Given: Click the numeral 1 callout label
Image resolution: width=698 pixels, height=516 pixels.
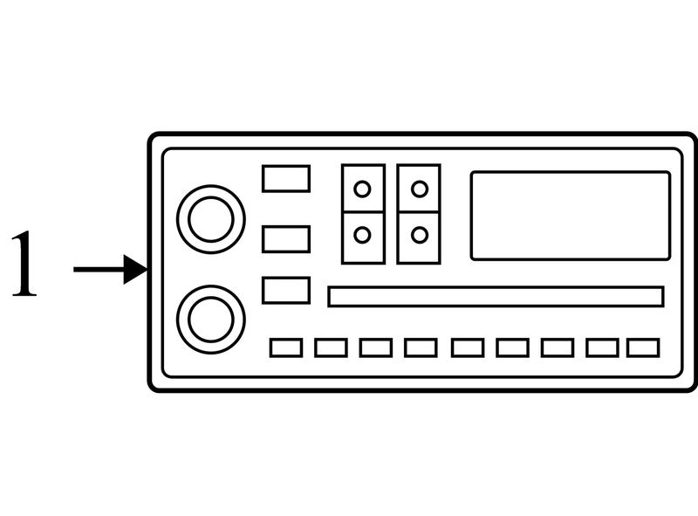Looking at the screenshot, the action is point(24,263).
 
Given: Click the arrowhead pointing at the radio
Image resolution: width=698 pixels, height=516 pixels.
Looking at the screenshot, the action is point(135,269).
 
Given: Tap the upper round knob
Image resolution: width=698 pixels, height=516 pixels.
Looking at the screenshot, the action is point(211,219).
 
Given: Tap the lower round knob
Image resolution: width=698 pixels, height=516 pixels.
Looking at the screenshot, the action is point(211,320).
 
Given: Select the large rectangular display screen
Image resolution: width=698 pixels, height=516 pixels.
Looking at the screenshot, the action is point(571,216).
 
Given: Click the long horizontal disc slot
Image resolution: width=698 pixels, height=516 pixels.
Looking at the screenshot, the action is point(496,297).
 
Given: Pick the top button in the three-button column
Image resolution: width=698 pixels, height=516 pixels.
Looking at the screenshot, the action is point(286,179).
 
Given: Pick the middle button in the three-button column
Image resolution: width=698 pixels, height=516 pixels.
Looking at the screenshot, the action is point(286,239).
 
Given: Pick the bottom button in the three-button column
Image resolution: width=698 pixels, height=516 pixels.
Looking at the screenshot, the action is point(286,291).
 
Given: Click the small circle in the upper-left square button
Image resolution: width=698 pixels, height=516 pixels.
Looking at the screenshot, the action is point(362,189).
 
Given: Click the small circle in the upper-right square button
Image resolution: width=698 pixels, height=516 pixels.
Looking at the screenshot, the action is point(420,189).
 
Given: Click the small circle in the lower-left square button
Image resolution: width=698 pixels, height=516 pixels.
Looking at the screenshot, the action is point(362,235).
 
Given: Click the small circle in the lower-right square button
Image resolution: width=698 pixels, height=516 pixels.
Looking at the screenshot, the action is point(420,235).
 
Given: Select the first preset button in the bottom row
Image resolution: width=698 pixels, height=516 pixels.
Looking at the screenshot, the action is point(286,347).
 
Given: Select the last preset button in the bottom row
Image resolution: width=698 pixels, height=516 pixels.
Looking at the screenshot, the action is point(643,347).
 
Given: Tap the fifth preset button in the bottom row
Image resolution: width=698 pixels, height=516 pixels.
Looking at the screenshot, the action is point(468,347).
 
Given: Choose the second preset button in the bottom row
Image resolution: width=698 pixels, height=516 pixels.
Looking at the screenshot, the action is point(331,347).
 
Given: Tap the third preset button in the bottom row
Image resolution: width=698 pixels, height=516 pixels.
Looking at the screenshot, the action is point(376,347).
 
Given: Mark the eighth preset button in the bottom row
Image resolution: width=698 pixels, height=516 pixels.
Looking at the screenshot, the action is point(602,347).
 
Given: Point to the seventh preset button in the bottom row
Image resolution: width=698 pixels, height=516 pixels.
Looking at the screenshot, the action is point(558,347).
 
